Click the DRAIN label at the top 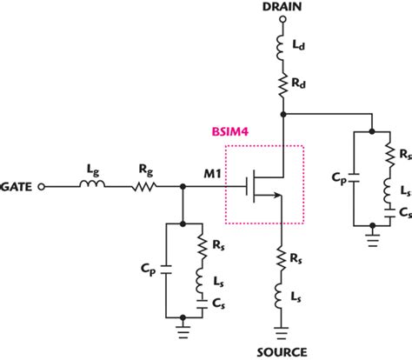click(x=283, y=8)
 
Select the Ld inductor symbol click(x=283, y=43)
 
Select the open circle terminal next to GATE click(x=50, y=185)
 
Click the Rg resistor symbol click(x=143, y=185)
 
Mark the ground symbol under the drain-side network click(x=373, y=237)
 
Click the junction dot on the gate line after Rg click(x=183, y=185)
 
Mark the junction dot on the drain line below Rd click(x=283, y=113)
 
